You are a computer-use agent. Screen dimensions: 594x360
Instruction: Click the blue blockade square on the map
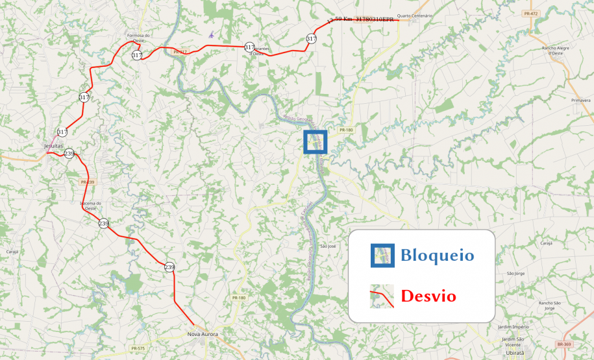pyautogui.click(x=316, y=142)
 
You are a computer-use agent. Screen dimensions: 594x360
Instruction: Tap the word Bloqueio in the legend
pyautogui.click(x=436, y=255)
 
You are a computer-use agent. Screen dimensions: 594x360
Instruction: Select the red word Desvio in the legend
pyautogui.click(x=428, y=296)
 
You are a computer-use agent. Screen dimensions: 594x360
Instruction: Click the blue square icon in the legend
pyautogui.click(x=382, y=255)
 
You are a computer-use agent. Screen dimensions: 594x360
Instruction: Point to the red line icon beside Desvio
pyautogui.click(x=382, y=296)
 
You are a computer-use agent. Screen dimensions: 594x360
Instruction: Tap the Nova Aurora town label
pyautogui.click(x=203, y=335)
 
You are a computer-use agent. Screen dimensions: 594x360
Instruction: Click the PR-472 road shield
pyautogui.click(x=530, y=14)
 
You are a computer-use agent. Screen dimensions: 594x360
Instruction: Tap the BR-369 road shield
pyautogui.click(x=563, y=344)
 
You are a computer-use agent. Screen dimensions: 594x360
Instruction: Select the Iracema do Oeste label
pyautogui.click(x=90, y=206)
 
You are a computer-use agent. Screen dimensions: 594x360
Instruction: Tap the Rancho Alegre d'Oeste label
pyautogui.click(x=556, y=51)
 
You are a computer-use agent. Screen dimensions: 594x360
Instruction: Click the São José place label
pyautogui.click(x=328, y=246)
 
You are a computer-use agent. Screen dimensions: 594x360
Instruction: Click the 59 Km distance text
pyautogui.click(x=343, y=19)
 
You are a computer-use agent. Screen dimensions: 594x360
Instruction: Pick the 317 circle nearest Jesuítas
pyautogui.click(x=62, y=132)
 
